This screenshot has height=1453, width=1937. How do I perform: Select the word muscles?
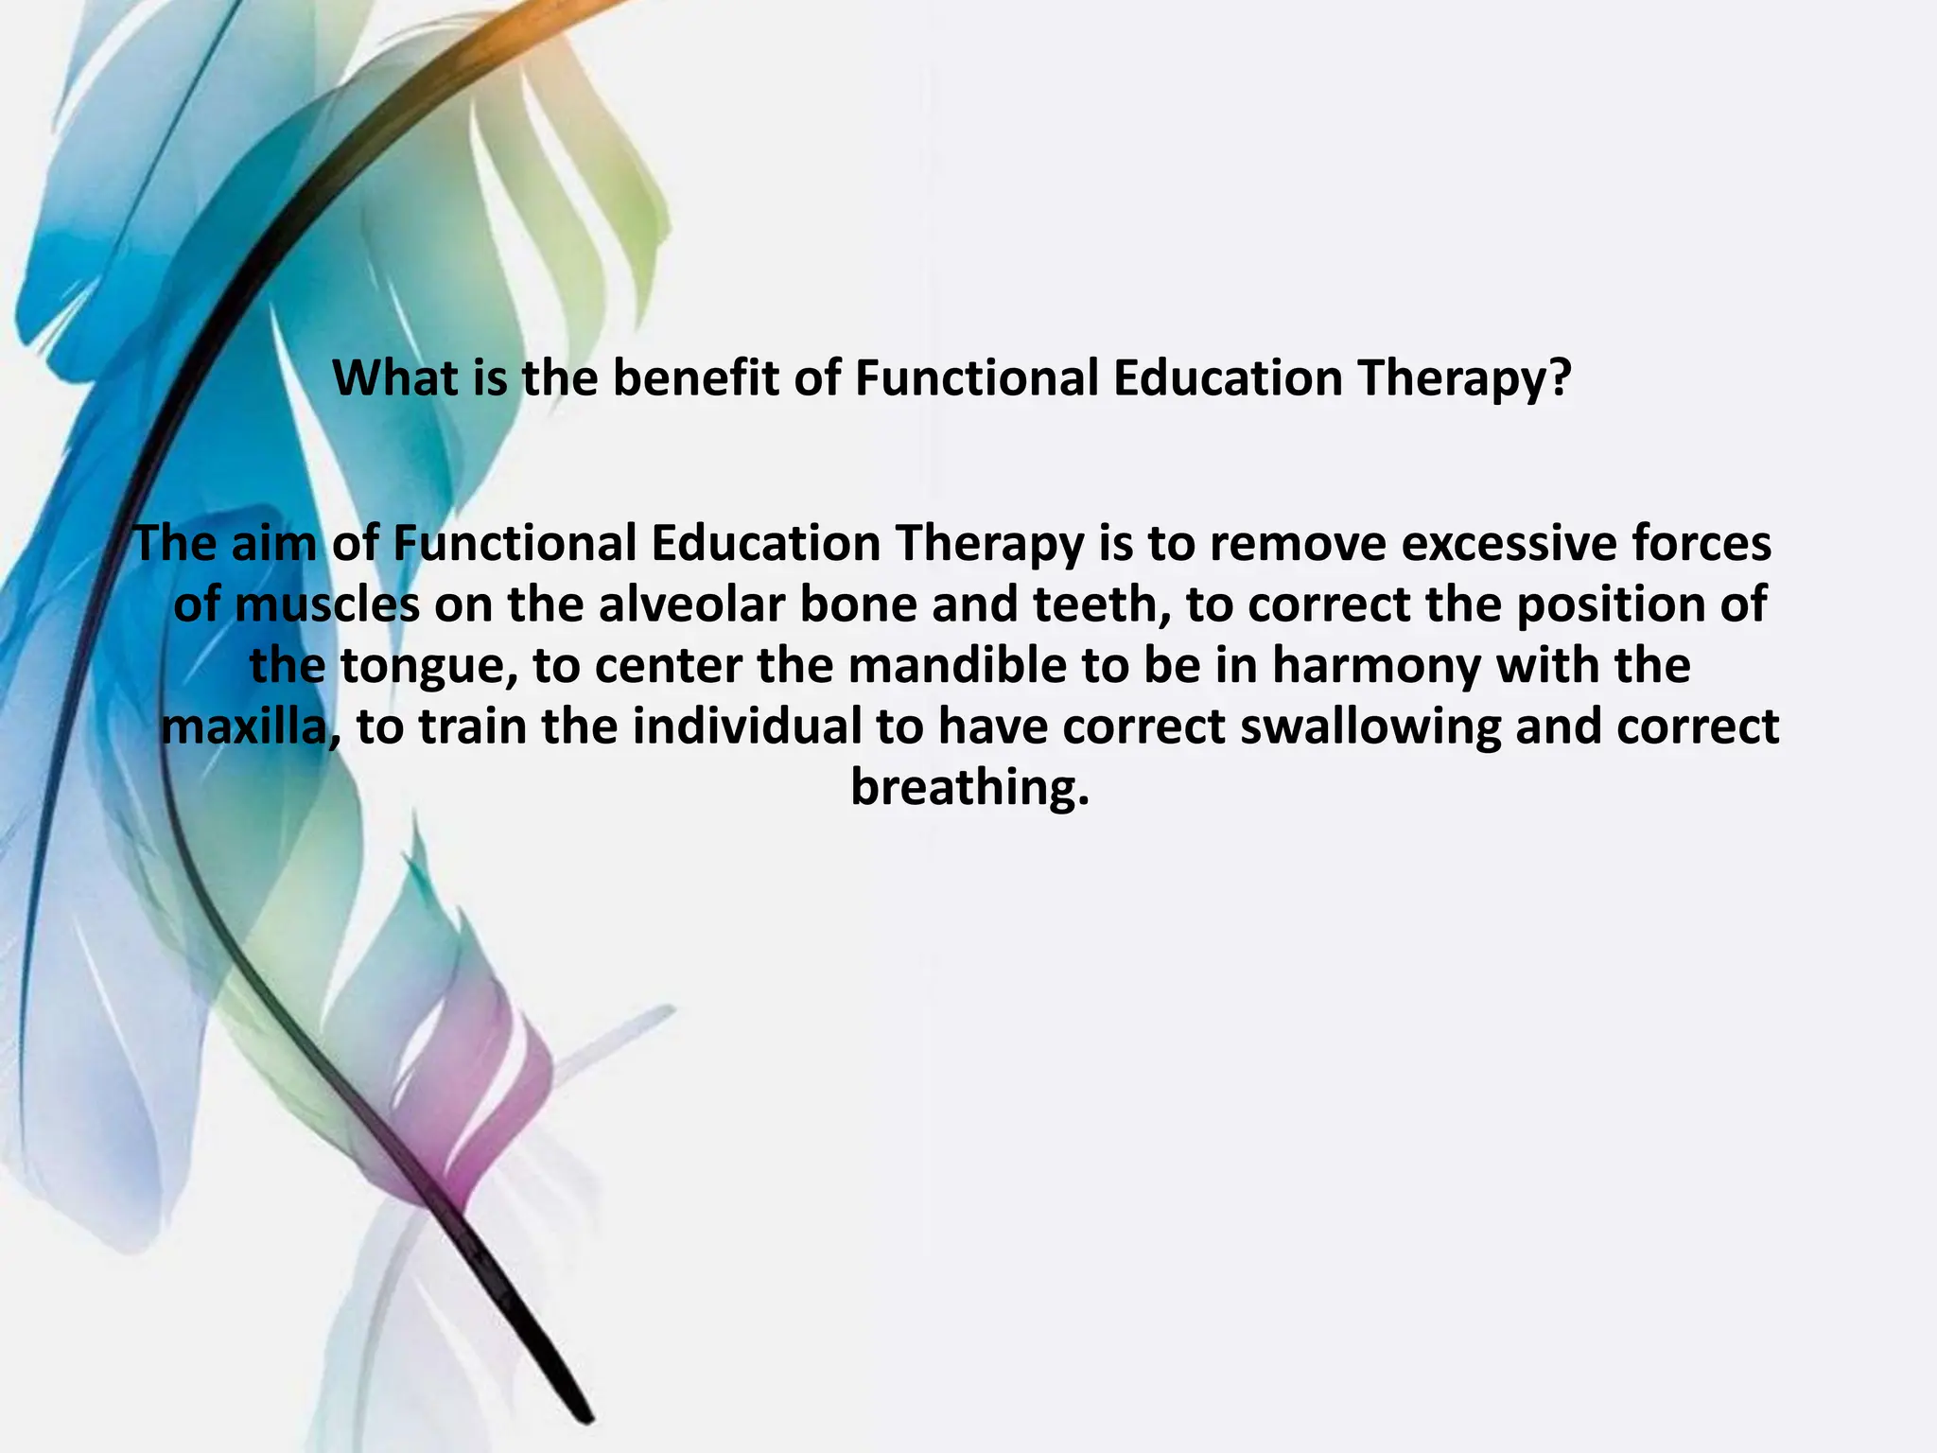coord(326,604)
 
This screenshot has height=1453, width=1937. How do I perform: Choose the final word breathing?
coord(969,787)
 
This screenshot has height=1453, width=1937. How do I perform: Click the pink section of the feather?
coord(492,1088)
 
